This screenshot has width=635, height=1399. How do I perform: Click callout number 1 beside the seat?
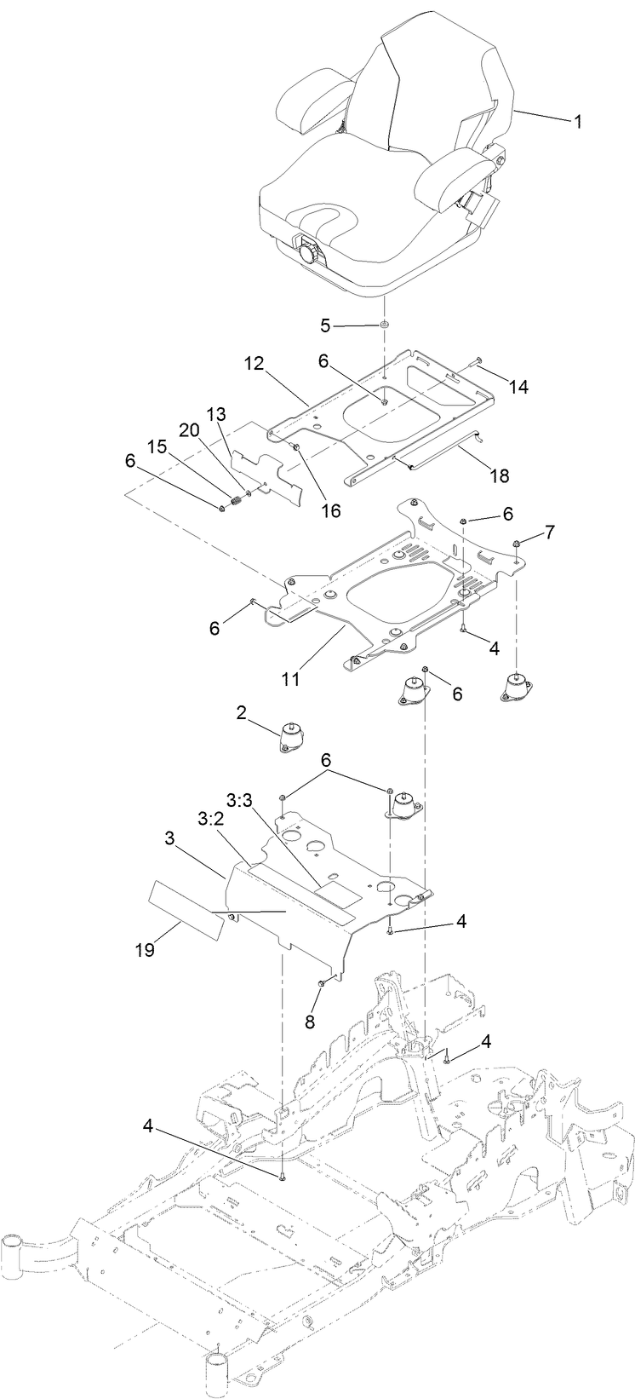(x=578, y=122)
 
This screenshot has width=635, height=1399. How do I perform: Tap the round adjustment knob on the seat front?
(x=307, y=253)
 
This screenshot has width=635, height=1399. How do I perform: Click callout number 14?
(x=518, y=387)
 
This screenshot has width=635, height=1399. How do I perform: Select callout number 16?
(x=329, y=510)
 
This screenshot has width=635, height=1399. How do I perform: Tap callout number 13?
(x=217, y=413)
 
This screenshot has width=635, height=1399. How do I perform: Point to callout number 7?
(x=550, y=533)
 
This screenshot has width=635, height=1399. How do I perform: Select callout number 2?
(x=242, y=713)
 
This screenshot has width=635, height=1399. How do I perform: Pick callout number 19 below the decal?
(x=146, y=949)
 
